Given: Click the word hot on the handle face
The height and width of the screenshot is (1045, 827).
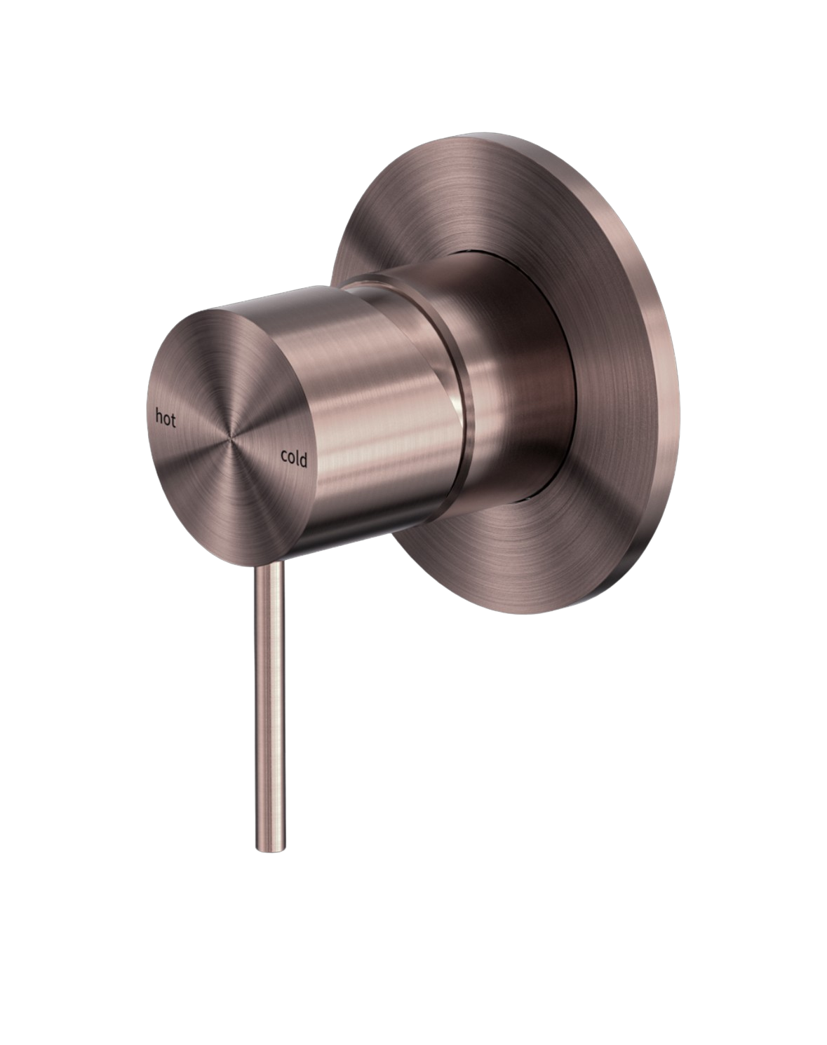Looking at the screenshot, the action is point(166,418).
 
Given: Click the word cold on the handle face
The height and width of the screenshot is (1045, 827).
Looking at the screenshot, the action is point(294,457).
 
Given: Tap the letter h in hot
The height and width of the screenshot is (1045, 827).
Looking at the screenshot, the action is point(159,416).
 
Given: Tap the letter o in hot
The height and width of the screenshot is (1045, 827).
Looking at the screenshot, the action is point(166,419).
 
